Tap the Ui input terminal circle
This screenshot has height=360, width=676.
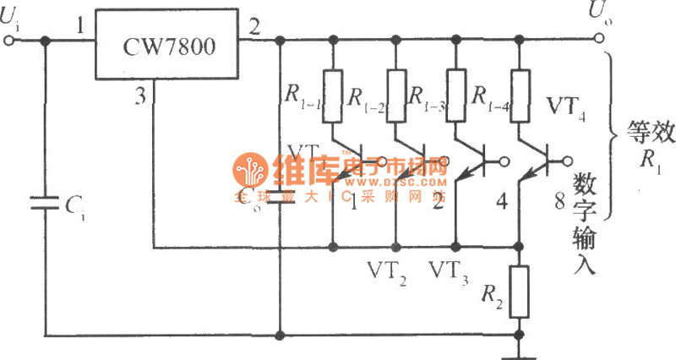point(9,38)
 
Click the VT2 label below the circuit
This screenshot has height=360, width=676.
point(388,271)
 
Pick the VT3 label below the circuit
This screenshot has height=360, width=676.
point(450,271)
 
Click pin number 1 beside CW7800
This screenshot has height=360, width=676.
point(80,28)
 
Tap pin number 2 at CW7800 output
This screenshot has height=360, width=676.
point(254,28)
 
